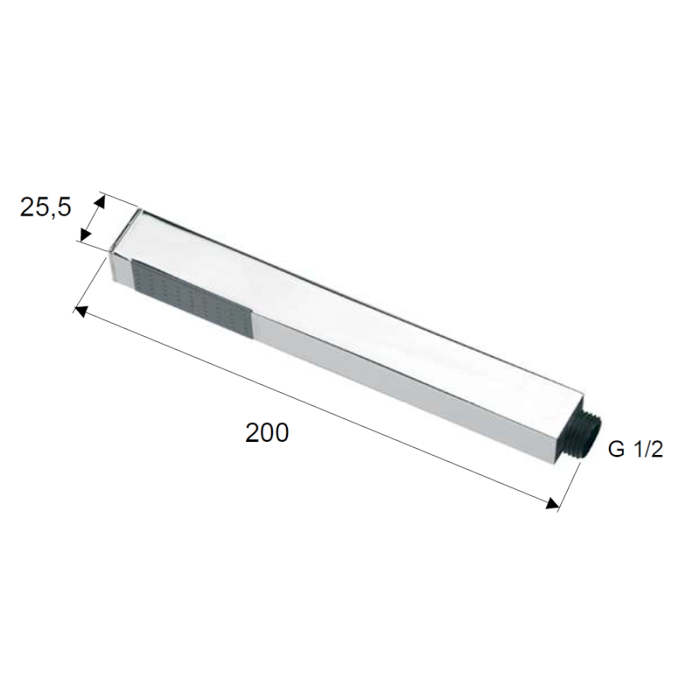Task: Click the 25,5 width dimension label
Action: click(x=45, y=207)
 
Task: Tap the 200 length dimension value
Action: click(x=267, y=432)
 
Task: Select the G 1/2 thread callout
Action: click(x=636, y=449)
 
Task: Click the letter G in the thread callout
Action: click(x=616, y=449)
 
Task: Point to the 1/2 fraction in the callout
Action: click(x=648, y=449)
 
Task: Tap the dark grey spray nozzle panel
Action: click(x=191, y=297)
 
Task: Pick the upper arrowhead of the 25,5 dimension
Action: click(x=99, y=202)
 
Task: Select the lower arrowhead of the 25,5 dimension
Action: click(x=86, y=234)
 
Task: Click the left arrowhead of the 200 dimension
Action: click(x=81, y=311)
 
